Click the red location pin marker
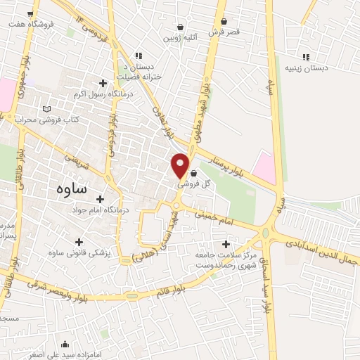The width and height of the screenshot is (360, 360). pyautogui.click(x=180, y=165)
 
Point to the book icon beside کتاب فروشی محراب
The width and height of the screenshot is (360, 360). pyautogui.click(x=47, y=110)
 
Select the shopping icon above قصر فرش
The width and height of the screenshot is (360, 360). pyautogui.click(x=224, y=22)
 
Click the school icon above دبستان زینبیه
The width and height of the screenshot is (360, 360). pyautogui.click(x=305, y=57)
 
